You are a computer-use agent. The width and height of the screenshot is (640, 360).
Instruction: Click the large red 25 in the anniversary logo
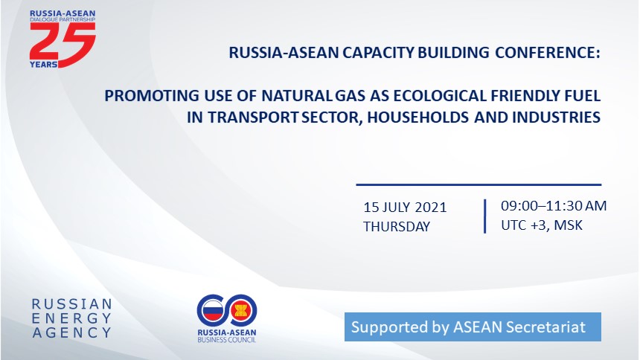[63, 43]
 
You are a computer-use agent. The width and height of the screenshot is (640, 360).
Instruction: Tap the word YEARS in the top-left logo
[43, 65]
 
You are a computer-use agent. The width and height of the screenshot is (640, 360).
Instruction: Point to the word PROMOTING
[152, 96]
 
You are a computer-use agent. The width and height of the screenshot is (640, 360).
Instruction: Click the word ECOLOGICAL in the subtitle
[440, 96]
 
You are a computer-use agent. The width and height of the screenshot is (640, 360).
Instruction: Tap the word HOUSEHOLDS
[418, 118]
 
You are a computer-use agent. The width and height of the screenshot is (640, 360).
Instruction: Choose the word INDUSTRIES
[557, 118]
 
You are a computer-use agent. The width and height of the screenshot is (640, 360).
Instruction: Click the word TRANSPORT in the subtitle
[253, 118]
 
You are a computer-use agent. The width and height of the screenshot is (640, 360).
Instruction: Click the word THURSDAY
[397, 227]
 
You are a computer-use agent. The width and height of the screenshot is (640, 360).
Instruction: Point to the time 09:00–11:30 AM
[554, 206]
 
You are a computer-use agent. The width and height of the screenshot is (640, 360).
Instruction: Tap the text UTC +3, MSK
[542, 225]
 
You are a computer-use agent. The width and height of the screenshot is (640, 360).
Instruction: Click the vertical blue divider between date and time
[485, 216]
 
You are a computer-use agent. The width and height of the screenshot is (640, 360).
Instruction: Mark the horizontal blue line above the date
[479, 185]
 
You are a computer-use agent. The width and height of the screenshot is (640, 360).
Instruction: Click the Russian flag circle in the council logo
[213, 311]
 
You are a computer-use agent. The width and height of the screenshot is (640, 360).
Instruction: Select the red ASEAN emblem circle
[240, 311]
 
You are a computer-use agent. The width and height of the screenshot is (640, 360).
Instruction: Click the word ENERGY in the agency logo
[72, 318]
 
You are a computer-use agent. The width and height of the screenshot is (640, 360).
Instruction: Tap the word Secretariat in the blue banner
[545, 327]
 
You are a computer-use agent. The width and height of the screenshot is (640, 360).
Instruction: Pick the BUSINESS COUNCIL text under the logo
[227, 340]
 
